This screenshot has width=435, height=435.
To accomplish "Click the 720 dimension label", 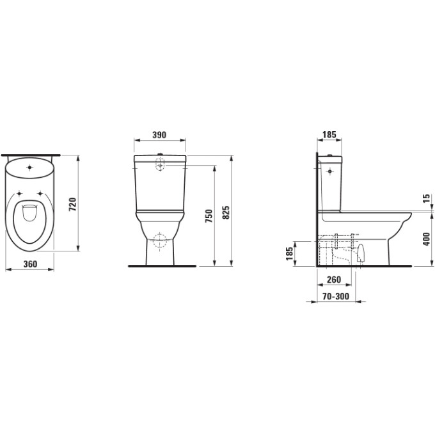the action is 72,205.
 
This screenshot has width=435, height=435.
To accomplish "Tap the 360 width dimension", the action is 30,264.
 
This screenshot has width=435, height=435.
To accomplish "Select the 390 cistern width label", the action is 159,135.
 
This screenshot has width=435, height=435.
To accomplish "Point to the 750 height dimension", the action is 209,216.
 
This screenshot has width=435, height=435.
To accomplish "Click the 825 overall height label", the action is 226,212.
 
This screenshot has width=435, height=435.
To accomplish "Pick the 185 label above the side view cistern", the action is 329,135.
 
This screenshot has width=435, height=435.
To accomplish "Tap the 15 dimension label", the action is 427,198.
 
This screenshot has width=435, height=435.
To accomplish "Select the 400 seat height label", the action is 427,239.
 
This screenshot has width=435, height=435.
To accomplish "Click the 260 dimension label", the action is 334,280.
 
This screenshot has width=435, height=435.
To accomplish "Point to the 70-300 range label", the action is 336,297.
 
